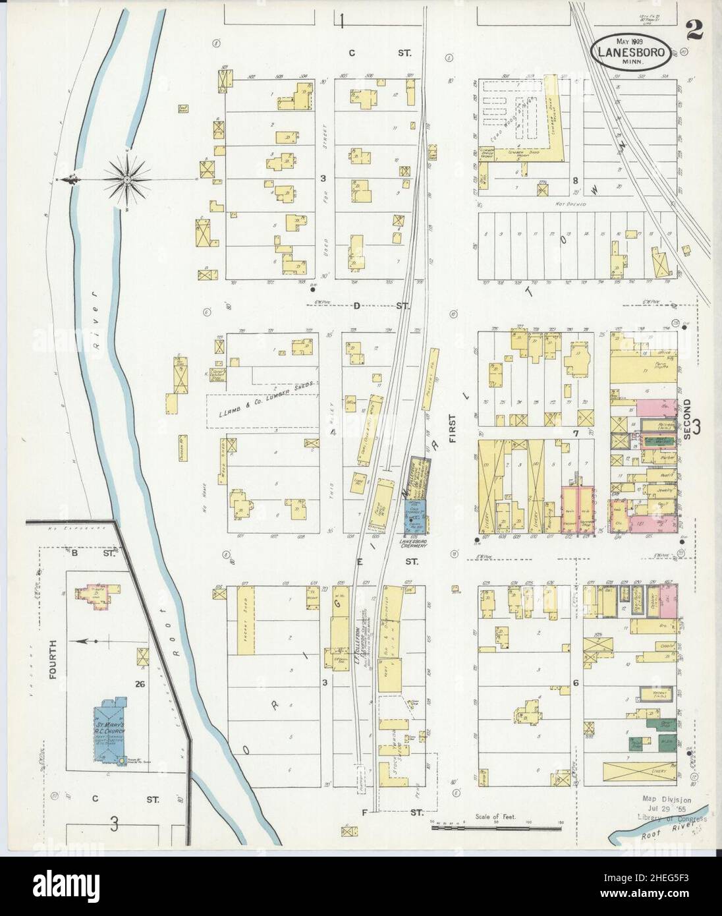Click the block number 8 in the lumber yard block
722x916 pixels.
point(575,180)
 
